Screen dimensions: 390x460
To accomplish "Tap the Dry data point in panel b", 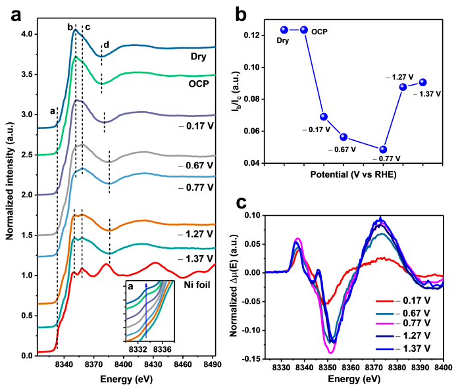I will (x=284, y=30).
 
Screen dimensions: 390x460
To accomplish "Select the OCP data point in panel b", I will (x=303, y=30).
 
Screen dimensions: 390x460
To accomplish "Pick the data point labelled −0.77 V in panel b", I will (x=383, y=149).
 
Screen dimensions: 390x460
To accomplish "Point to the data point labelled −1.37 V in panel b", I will (x=422, y=82).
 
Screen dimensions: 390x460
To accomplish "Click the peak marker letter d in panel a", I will (x=107, y=45).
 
